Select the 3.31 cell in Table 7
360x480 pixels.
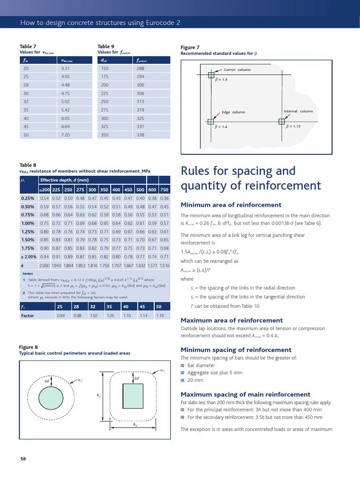click(65, 68)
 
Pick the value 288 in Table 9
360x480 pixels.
click(140, 68)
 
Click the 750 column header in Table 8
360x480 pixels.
click(164, 190)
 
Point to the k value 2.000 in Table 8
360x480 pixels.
click(45, 265)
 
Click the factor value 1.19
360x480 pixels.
click(159, 316)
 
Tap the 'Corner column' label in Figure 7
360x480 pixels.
click(237, 70)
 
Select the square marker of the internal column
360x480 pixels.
click(282, 121)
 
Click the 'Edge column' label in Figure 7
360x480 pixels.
click(233, 112)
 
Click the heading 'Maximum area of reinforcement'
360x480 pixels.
click(232, 320)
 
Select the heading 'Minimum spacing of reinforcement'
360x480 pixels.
click(236, 350)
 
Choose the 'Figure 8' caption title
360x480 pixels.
click(28, 347)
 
